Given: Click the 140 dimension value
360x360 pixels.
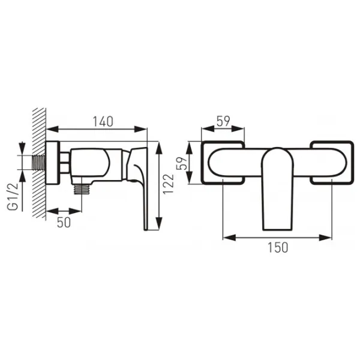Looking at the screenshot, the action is click(103, 122).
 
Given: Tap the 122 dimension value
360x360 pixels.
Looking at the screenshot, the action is click(168, 184).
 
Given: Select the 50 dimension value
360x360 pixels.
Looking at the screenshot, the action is click(64, 222).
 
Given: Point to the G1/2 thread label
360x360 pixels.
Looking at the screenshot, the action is click(13, 197).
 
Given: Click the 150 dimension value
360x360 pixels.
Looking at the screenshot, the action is click(278, 247).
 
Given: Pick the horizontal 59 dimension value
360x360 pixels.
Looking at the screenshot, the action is click(223, 121).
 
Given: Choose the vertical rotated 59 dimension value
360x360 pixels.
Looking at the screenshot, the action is click(182, 163).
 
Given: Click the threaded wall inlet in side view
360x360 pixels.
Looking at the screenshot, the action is click(38, 163).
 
